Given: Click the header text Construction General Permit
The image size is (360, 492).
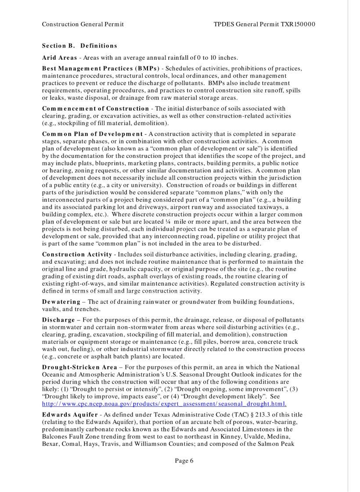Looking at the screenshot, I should tap(83, 24).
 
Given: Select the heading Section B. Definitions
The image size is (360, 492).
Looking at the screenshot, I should tap(79, 46).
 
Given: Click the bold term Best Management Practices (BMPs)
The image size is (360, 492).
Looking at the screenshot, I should tap(100, 69).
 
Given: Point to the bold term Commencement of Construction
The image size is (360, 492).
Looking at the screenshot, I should tap(95, 108).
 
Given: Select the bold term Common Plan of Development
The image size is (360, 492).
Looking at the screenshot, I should tap(92, 133).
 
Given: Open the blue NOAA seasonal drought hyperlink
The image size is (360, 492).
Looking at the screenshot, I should tap(164, 403).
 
